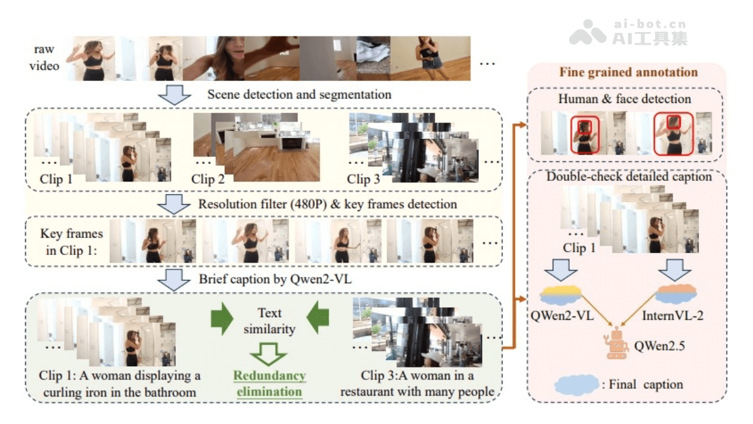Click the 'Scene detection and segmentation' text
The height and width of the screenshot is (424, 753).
[x=299, y=95]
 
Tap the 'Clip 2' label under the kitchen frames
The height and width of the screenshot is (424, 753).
[x=208, y=180]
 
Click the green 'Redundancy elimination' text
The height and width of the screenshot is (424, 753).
[x=269, y=384]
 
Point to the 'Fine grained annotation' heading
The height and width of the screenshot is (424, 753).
[x=628, y=72]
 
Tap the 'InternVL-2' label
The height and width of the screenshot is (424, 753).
[x=673, y=315]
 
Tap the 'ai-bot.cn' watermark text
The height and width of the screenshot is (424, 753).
[x=649, y=25]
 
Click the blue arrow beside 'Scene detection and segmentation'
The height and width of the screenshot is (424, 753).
[x=174, y=95]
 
